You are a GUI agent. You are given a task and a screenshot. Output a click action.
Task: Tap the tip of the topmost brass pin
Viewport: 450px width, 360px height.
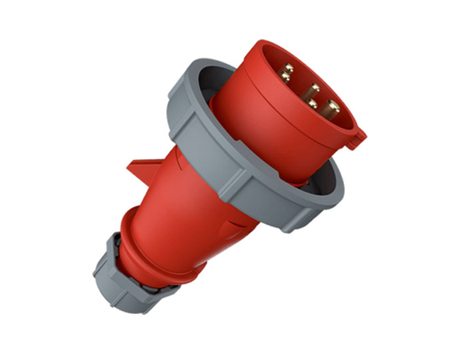pyautogui.click(x=289, y=68)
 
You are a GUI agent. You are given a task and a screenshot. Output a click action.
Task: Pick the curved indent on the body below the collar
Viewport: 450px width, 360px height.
pyautogui.click(x=236, y=225)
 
